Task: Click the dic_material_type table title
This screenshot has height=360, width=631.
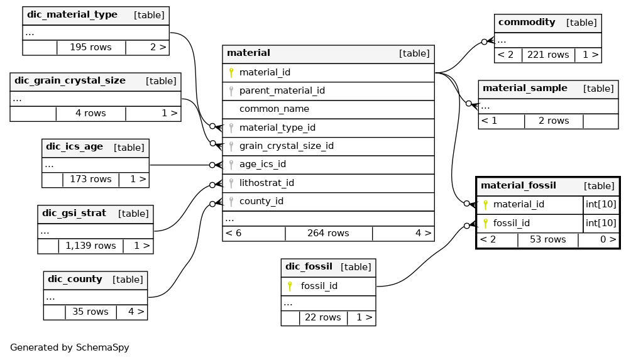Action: tap(72, 15)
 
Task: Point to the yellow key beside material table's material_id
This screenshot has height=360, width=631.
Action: tap(231, 73)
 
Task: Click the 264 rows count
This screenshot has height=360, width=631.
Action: tap(328, 233)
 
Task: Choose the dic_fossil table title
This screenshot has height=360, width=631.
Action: tap(309, 266)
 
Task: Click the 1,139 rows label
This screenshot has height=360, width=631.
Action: tap(91, 246)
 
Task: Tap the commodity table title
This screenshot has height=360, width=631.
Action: tap(527, 22)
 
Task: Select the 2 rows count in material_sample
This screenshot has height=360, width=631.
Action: tap(553, 121)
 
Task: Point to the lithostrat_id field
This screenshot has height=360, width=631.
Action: tap(266, 183)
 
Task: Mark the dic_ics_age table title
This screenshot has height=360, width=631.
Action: tap(74, 147)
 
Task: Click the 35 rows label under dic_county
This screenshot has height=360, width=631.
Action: tap(90, 312)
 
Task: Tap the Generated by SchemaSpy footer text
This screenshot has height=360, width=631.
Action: tap(70, 347)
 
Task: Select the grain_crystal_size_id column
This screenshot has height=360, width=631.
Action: tap(286, 146)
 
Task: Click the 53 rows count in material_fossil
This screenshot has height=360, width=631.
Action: tap(547, 240)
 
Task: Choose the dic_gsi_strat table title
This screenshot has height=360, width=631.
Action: tap(76, 213)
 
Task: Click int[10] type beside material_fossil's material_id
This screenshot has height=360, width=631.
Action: tap(601, 204)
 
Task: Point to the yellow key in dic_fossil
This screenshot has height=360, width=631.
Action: tap(290, 286)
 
